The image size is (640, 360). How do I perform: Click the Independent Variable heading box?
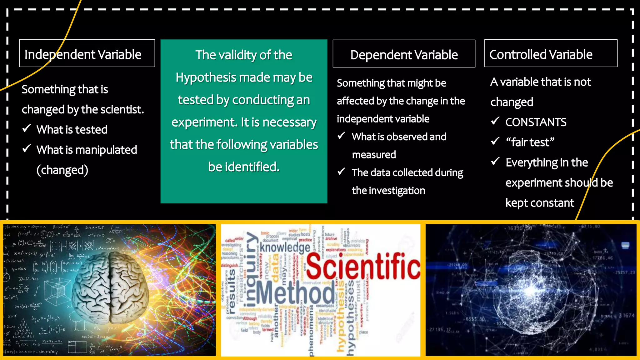click(87, 53)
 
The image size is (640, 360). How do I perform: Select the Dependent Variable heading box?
click(404, 54)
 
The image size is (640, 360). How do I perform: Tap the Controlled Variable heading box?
click(551, 53)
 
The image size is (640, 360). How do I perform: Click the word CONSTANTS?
click(536, 122)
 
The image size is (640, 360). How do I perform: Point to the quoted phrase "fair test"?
click(530, 142)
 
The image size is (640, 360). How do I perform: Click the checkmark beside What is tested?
click(27, 128)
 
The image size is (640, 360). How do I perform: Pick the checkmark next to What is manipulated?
click(27, 148)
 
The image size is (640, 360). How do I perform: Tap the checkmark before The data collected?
click(342, 172)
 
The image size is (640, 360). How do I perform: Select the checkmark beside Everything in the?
click(495, 161)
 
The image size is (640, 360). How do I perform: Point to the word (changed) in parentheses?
click(62, 170)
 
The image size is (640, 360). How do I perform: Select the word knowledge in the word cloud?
click(285, 248)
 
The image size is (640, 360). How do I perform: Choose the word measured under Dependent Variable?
click(374, 155)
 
